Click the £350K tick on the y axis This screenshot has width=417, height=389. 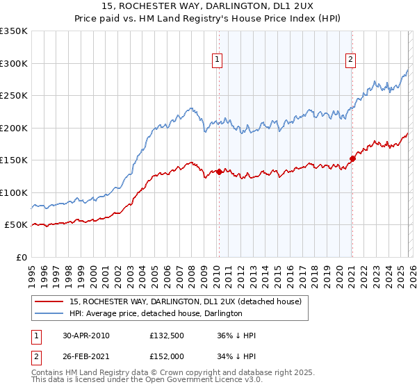(x=14, y=31)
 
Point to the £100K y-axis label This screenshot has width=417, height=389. (x=14, y=192)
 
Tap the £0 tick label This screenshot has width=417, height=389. (x=21, y=257)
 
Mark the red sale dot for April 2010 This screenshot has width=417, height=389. (x=219, y=172)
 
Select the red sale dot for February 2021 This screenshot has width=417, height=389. (x=352, y=158)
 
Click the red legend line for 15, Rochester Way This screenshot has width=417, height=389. (x=49, y=301)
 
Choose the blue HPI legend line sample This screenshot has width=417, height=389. (x=49, y=313)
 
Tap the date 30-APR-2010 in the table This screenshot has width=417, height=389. (x=85, y=336)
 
